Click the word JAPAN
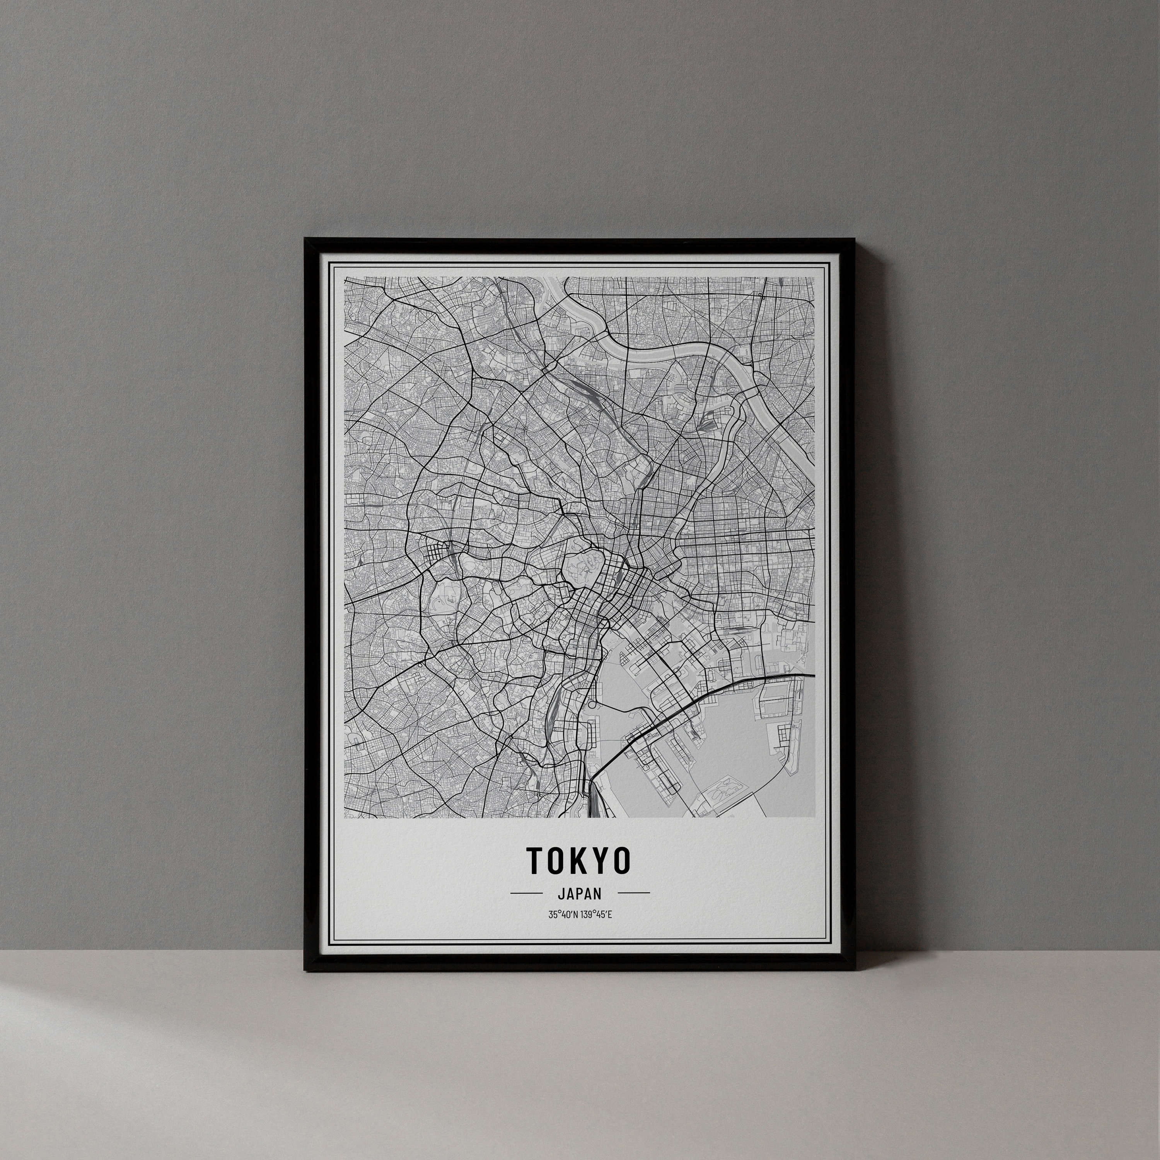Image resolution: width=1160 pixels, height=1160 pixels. coord(579,894)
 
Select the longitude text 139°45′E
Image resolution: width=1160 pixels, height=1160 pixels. coord(597,915)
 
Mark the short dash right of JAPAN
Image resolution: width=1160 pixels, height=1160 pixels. coord(633,893)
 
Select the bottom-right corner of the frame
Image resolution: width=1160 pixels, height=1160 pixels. coord(855,968)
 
